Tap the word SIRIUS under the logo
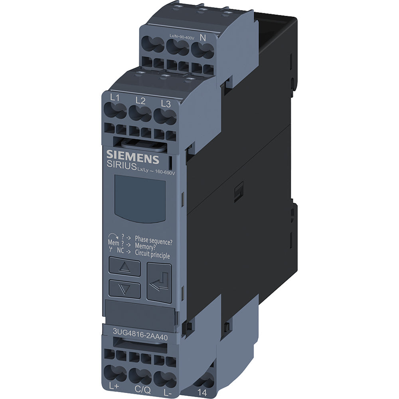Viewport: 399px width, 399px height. pos(122,166)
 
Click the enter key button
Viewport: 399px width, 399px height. pos(159,283)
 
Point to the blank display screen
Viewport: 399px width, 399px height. pos(140,198)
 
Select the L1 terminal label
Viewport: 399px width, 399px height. pos(115,98)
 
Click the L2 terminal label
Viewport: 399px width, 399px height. pos(140,101)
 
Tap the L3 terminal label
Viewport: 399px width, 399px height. pos(166,104)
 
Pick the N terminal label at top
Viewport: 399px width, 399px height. pos(203,38)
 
